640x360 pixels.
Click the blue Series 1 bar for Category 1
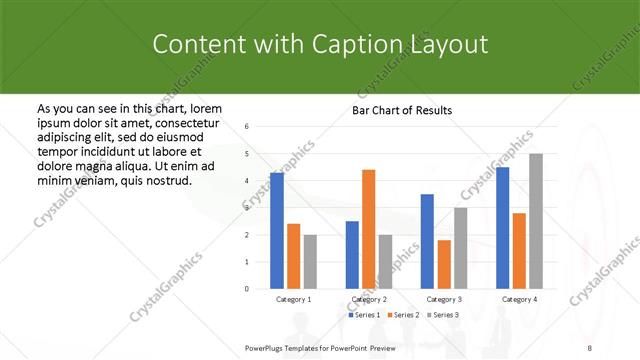pos(277,230)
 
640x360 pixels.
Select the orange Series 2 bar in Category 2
pos(369,229)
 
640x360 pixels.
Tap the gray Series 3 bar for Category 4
pos(536,221)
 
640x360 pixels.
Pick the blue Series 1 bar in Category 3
pos(427,241)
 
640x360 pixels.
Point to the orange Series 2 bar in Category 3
pos(444,264)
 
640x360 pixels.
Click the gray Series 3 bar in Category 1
pos(310,261)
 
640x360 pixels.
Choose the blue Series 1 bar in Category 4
pos(502,227)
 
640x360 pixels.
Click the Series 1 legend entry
pos(365,315)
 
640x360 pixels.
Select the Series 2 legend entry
pos(403,315)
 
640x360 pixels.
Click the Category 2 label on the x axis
pos(370,299)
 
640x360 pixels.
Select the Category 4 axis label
pos(519,299)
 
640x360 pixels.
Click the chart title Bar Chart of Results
pos(402,110)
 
